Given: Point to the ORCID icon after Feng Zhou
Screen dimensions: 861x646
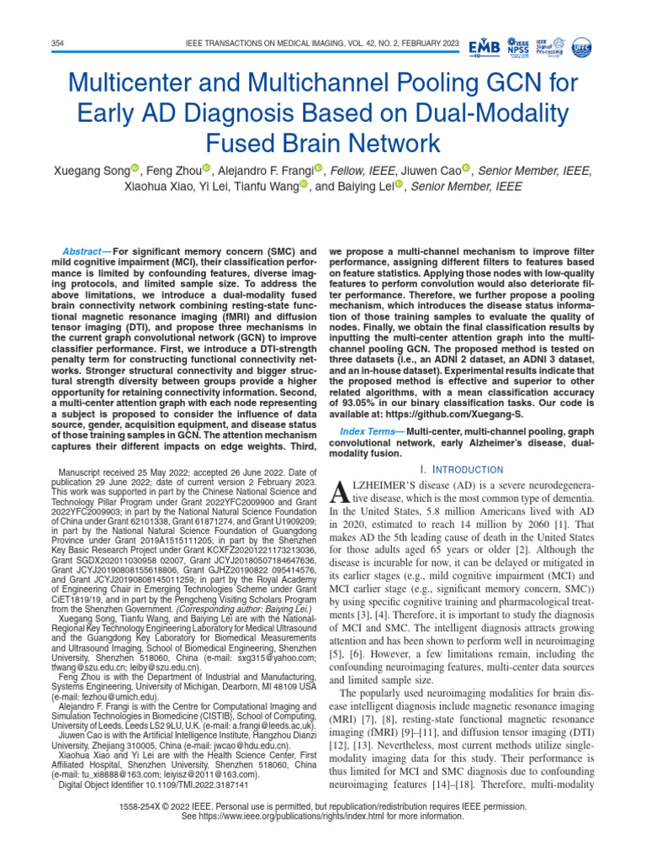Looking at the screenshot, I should coord(207,170).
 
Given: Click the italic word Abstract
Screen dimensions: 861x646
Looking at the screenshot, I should coord(82,251).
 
